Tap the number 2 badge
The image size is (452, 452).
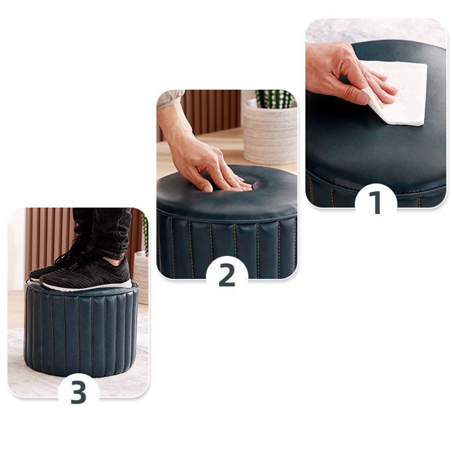pos(227,274)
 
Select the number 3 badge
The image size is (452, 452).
pos(79,390)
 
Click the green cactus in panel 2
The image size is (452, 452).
pos(274,98)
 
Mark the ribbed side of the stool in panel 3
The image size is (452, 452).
pos(79,333)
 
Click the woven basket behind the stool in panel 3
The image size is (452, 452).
pos(141,277)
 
